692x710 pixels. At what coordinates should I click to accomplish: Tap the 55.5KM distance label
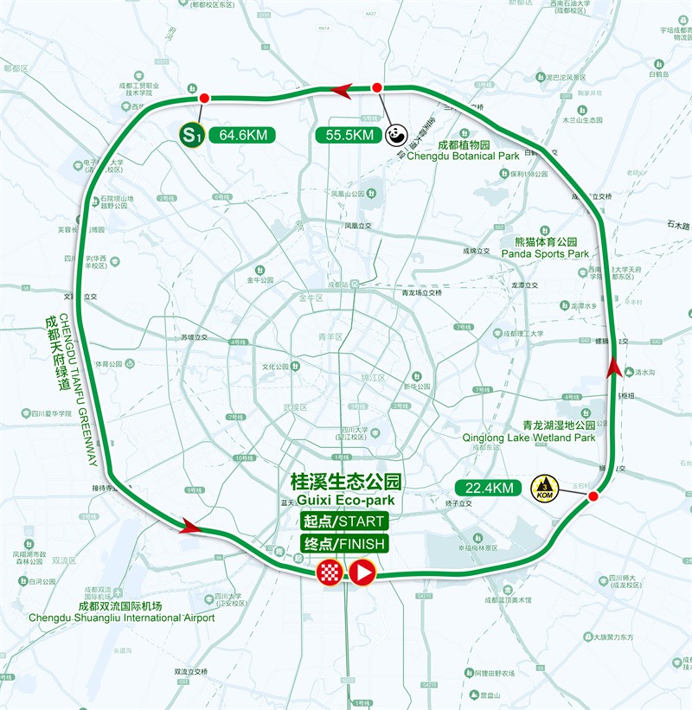tap(350, 135)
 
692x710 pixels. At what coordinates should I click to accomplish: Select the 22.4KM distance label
tap(490, 489)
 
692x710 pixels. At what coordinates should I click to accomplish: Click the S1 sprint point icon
tap(191, 134)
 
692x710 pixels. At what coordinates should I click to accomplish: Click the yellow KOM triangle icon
tap(545, 487)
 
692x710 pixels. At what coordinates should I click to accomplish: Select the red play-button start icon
tap(362, 572)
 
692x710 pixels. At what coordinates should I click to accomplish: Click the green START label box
tap(343, 521)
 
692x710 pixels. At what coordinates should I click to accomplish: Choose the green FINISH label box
tap(343, 544)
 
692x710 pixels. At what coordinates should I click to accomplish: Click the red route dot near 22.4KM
tap(593, 497)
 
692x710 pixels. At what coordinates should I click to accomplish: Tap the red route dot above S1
tap(204, 98)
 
